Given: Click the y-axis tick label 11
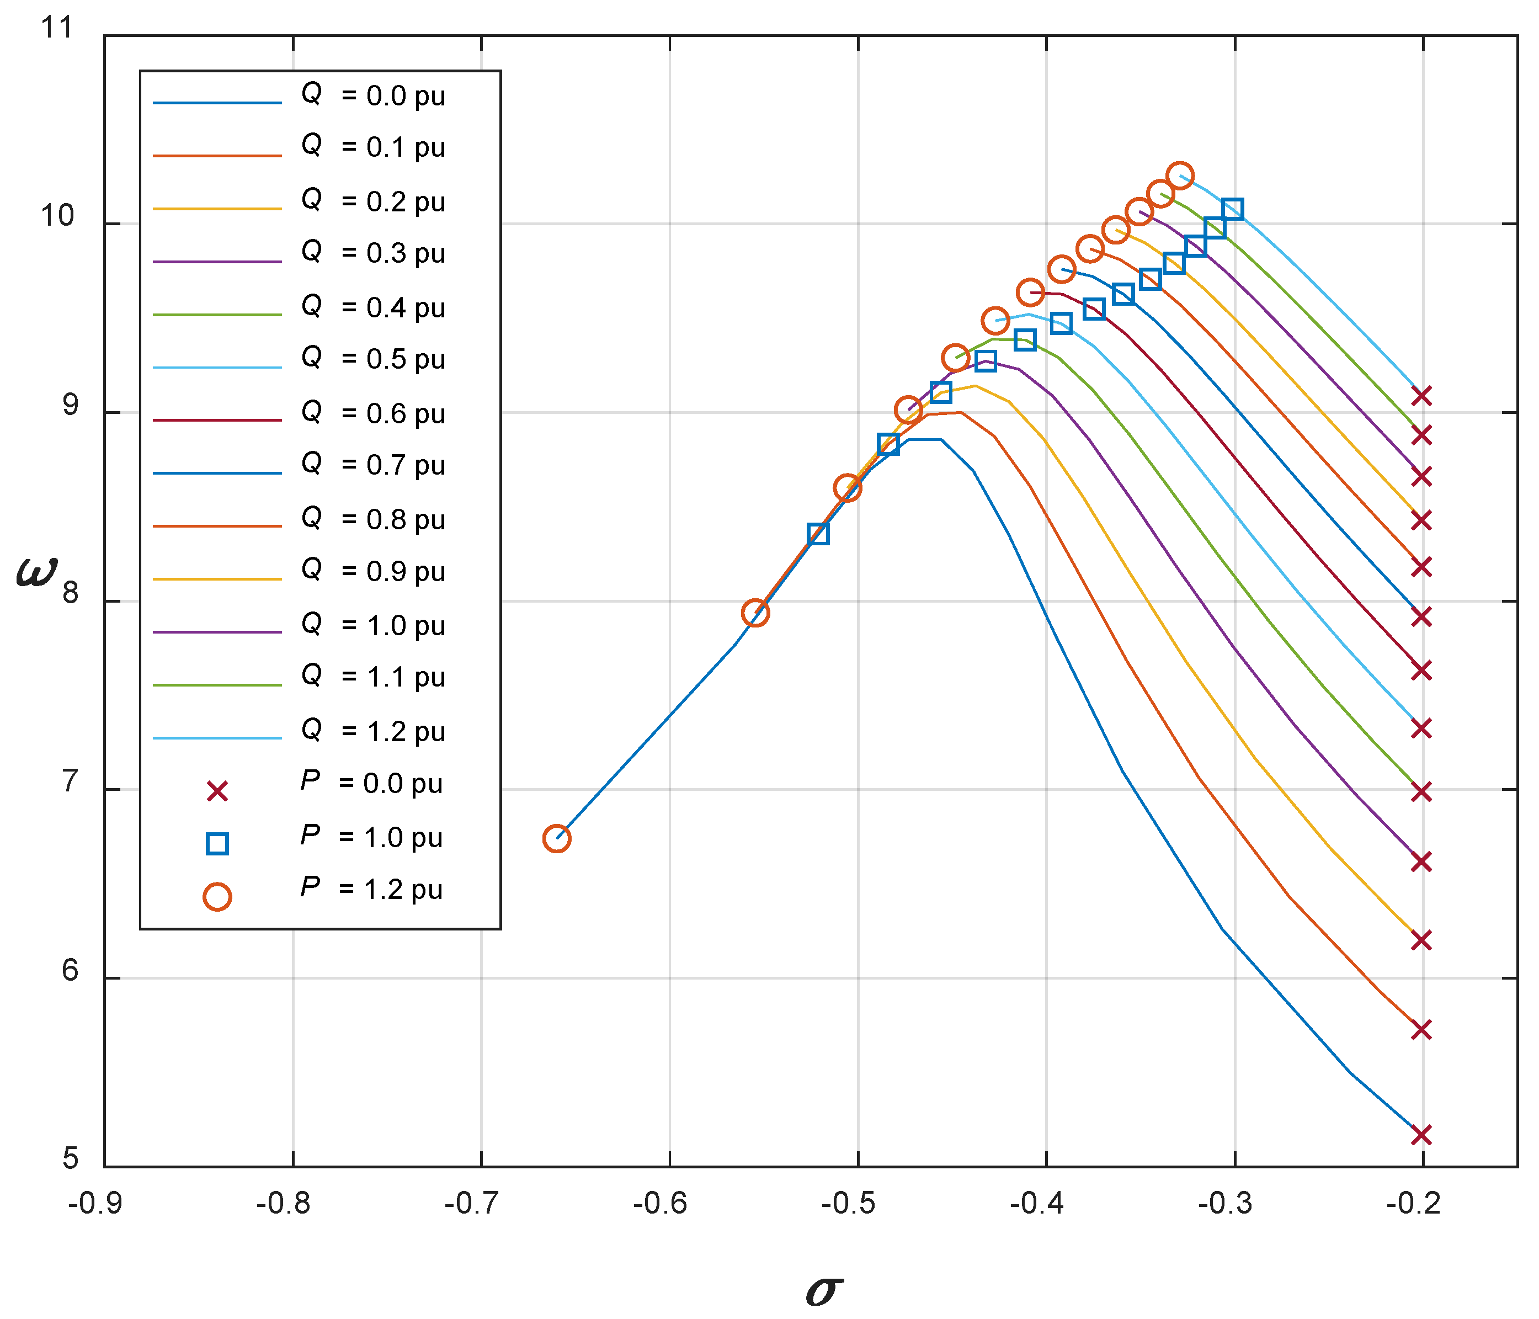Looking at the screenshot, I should (57, 28).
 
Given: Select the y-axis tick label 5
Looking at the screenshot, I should (69, 1158).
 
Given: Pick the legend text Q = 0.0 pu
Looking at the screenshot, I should (373, 95).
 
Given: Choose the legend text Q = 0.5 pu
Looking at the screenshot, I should (373, 358).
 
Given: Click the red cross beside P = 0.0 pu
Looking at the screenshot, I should (217, 792).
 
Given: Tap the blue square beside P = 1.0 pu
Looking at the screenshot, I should (217, 844).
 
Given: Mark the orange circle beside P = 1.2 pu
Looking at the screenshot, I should (217, 896).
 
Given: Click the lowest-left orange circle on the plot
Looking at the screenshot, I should (556, 838).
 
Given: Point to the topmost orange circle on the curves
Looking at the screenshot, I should (1180, 176).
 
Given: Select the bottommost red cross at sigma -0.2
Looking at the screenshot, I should (1421, 1136).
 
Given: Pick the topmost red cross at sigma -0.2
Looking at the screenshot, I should (1421, 396).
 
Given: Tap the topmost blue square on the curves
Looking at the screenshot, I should (1232, 209).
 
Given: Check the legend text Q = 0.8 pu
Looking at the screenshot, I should (373, 519).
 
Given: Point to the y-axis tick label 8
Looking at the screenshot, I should (69, 593).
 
